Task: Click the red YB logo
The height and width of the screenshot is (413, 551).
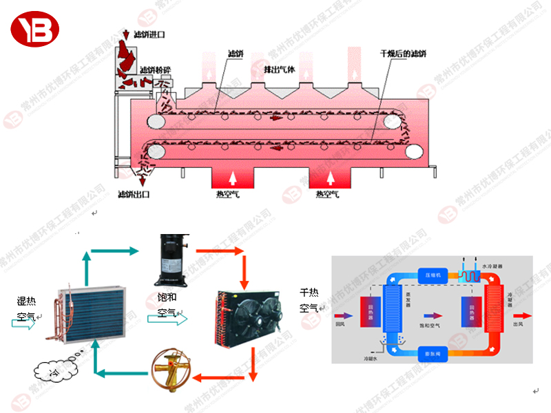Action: (35, 28)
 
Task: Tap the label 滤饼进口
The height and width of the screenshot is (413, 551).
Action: (149, 34)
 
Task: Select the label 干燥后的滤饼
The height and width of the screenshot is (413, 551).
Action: (404, 54)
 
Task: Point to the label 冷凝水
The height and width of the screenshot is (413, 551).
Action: (373, 358)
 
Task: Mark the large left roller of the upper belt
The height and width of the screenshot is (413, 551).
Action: (156, 122)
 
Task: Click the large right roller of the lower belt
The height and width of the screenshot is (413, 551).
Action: (413, 149)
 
